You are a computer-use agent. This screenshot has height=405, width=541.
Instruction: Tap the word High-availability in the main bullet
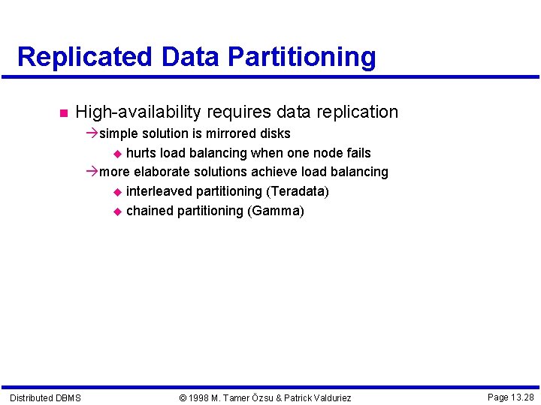pyautogui.click(x=138, y=112)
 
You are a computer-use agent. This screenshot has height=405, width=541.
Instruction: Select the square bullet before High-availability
pyautogui.click(x=62, y=113)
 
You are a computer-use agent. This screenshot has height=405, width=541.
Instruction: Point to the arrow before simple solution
pyautogui.click(x=92, y=133)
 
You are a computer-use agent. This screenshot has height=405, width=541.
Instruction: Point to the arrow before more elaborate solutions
pyautogui.click(x=92, y=172)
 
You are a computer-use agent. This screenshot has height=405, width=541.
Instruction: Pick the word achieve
pyautogui.click(x=274, y=172)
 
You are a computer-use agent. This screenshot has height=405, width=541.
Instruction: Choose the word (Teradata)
pyautogui.click(x=298, y=192)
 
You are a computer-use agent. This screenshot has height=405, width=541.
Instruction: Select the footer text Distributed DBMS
pyautogui.click(x=46, y=397)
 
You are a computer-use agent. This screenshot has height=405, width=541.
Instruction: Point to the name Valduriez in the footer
pyautogui.click(x=327, y=397)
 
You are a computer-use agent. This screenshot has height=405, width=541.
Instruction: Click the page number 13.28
pyautogui.click(x=523, y=397)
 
